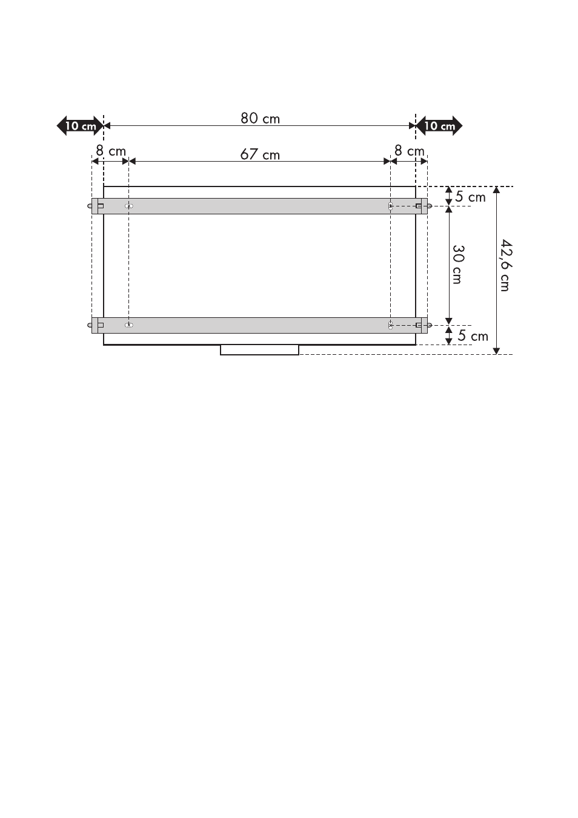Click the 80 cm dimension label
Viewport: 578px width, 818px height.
[x=260, y=118]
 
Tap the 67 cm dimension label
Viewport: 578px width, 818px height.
[x=260, y=154]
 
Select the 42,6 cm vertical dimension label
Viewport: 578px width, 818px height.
[x=506, y=265]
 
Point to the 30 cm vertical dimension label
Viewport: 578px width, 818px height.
[x=458, y=265]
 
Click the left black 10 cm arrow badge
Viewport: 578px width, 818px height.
[x=80, y=125]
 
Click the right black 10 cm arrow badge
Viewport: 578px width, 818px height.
[x=439, y=125]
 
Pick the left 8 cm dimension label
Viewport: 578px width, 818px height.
[x=111, y=151]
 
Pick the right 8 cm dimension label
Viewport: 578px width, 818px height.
[x=410, y=151]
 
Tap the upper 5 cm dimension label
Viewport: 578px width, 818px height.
[x=470, y=197]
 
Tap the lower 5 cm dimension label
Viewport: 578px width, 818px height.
[x=473, y=336]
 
